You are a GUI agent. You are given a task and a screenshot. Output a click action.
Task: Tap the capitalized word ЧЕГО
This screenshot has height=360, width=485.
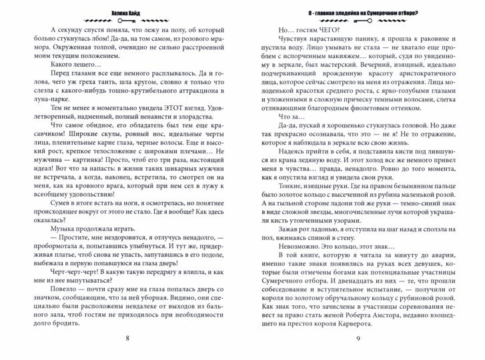tap(326, 31)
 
